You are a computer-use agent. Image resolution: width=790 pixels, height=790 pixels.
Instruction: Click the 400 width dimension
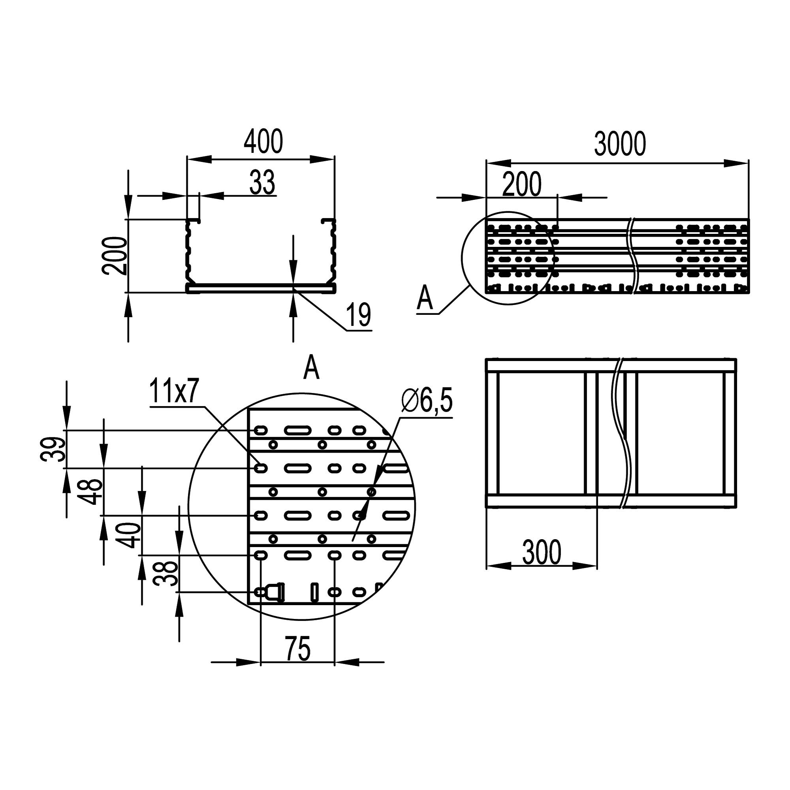tap(263, 141)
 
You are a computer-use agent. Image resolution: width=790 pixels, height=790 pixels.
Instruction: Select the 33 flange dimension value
tap(263, 182)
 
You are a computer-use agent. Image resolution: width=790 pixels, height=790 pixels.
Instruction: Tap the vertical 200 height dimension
tap(115, 256)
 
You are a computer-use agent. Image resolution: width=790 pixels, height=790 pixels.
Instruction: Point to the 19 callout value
tap(358, 315)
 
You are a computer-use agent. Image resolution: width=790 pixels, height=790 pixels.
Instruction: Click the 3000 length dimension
tap(620, 144)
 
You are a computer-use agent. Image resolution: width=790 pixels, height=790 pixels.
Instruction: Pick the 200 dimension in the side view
tap(522, 184)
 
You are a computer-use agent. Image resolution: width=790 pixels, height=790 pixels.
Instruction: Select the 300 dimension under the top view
tap(542, 552)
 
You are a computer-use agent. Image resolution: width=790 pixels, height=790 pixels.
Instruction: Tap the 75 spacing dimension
tap(298, 649)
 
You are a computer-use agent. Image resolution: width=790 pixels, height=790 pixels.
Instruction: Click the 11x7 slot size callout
tap(173, 391)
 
